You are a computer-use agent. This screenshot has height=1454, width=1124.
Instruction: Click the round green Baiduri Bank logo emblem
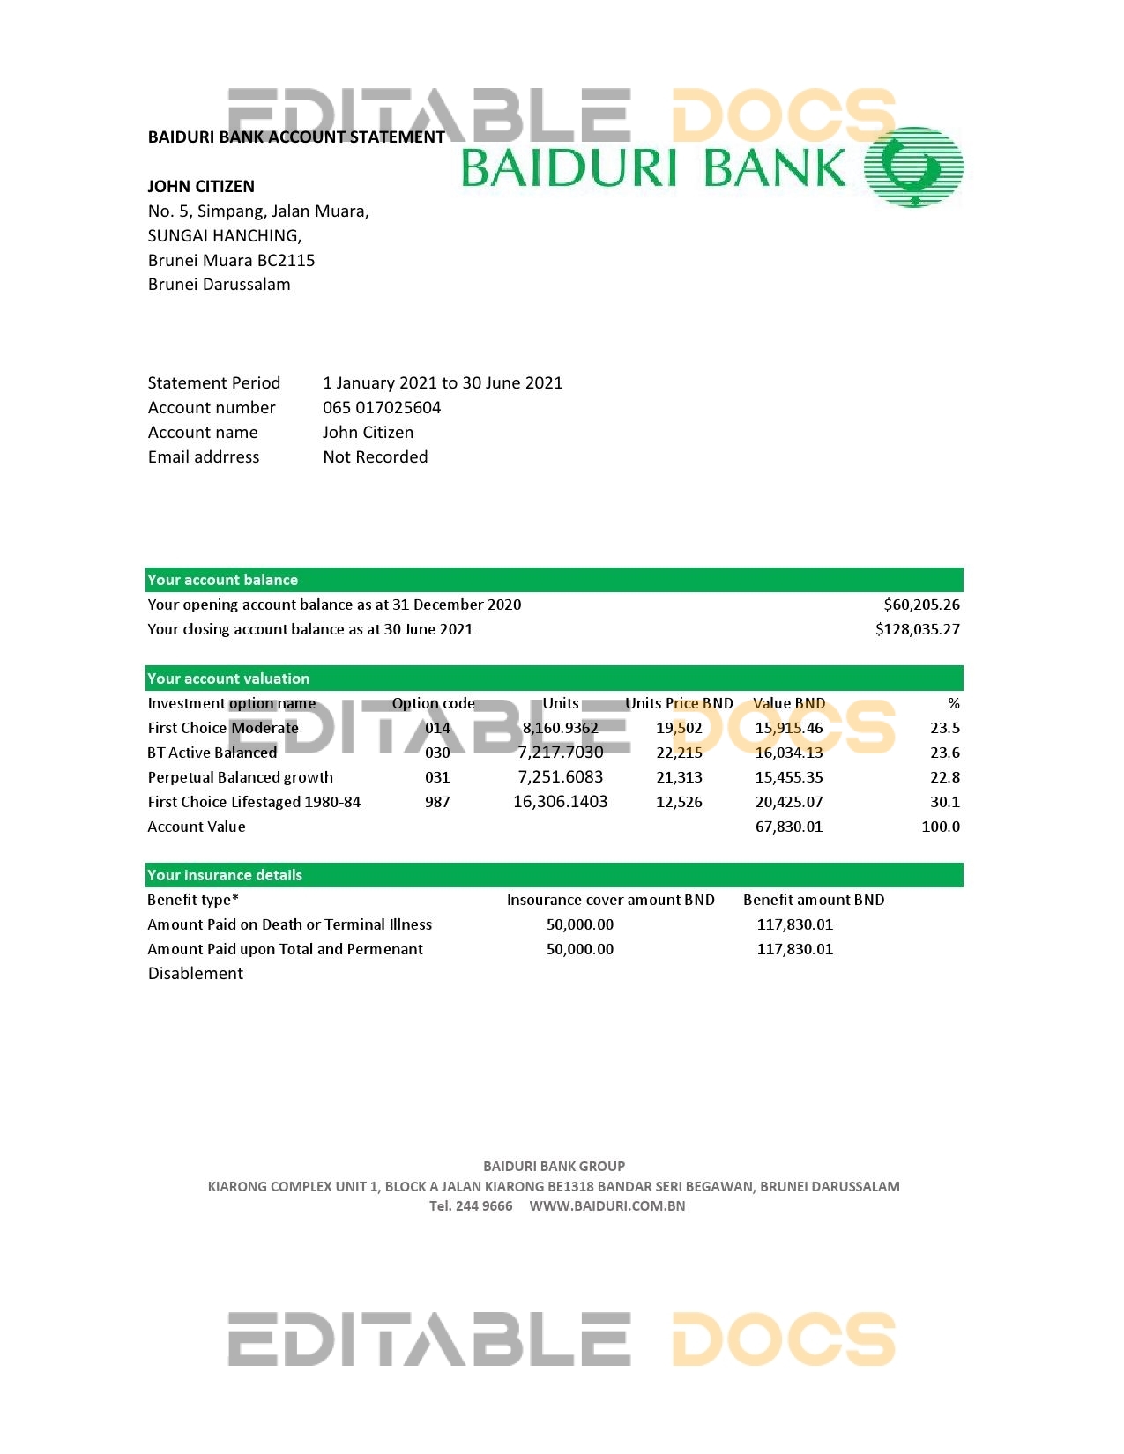tap(913, 167)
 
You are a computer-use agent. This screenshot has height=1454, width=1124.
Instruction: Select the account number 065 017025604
tap(382, 408)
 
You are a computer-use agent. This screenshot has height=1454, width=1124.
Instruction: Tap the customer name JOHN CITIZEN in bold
tap(201, 187)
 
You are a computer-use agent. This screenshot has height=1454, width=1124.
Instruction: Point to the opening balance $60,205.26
tap(921, 605)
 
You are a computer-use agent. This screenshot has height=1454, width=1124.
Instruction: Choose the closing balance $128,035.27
tap(917, 630)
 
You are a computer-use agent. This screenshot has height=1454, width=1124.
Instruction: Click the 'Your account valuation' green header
tap(228, 679)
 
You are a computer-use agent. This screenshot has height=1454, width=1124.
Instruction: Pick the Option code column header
tap(433, 704)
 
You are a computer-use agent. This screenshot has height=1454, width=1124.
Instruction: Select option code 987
tap(437, 803)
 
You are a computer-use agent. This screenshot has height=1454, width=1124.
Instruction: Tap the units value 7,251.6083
tap(561, 778)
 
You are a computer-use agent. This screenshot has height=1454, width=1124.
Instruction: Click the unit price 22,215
tap(679, 753)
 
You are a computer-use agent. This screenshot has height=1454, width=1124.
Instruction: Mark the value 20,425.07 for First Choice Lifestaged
tap(789, 803)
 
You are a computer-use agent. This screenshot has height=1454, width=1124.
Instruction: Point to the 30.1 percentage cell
tap(944, 803)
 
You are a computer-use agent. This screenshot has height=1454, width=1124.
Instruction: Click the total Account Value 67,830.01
tap(789, 827)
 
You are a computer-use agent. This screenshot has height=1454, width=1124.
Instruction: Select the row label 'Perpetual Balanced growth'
tap(240, 778)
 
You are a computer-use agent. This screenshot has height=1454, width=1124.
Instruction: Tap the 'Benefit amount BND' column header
tap(814, 901)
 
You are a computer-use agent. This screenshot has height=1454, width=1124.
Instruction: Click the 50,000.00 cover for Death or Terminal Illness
tap(580, 925)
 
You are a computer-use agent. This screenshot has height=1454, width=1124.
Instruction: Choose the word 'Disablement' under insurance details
tap(196, 974)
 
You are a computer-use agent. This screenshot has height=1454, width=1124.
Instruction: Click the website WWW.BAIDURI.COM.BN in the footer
tap(607, 1206)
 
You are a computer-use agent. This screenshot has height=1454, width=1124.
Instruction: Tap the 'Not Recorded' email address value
tap(376, 457)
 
